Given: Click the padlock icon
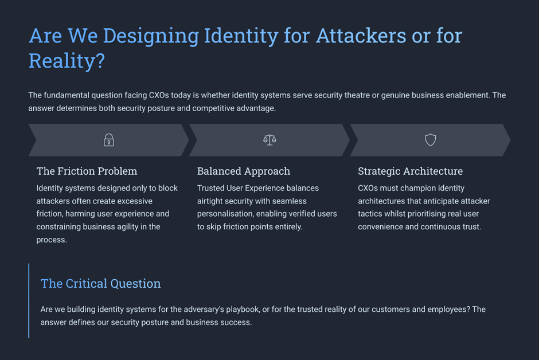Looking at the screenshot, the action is pos(109,140).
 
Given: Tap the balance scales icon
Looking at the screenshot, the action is pos(269,140).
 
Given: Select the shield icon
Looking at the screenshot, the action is pos(431,140).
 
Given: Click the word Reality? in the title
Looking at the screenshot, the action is pos(67,61).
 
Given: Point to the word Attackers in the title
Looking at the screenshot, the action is pos(361,36).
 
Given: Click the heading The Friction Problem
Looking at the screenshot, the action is pos(87,171).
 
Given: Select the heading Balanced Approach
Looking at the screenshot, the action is pos(244,171).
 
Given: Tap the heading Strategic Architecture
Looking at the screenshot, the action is pos(410,171).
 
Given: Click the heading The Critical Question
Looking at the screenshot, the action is pos(101,283).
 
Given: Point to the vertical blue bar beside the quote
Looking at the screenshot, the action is pos(29,300).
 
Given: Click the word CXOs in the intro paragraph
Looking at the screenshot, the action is pos(159,95).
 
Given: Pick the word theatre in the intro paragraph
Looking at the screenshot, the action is pos(357,95).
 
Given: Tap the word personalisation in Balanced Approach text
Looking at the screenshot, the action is pos(225,214).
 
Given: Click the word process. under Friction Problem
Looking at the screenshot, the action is pos(52,240).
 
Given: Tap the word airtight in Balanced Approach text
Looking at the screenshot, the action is pos(210,201).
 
